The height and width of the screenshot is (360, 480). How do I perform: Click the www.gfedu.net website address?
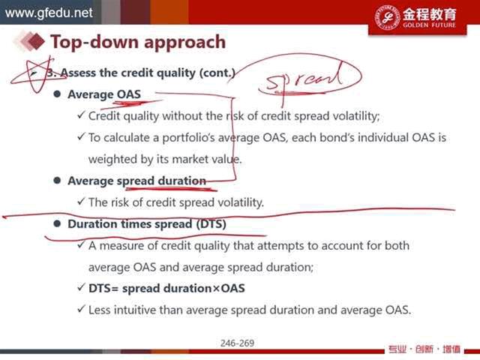(49, 13)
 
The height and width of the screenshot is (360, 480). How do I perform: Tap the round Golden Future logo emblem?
(387, 17)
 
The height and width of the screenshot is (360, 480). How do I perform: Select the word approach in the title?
(185, 43)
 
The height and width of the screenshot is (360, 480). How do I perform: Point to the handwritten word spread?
(304, 78)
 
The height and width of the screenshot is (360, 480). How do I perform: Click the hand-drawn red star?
(37, 74)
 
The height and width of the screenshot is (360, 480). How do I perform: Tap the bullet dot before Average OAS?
(57, 94)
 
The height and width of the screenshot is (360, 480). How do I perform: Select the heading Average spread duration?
(136, 181)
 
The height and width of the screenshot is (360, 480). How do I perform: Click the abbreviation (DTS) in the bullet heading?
(211, 223)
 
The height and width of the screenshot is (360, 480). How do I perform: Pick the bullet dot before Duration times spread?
(57, 223)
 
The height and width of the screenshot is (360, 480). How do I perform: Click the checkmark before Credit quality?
(81, 115)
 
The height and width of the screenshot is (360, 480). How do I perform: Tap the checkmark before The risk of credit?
(81, 202)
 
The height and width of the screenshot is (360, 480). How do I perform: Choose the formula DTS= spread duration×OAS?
(166, 288)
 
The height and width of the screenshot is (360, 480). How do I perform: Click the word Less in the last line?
(99, 310)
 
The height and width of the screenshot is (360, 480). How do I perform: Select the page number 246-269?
(237, 343)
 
